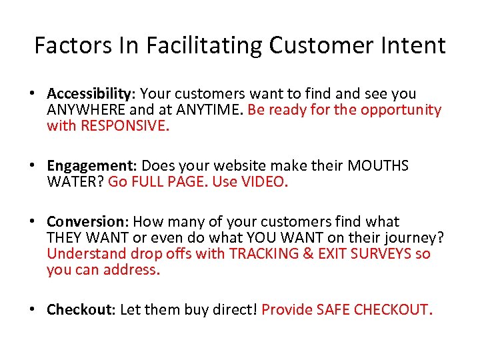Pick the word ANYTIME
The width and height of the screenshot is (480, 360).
coord(211,110)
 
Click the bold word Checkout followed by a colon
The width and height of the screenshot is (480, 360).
coord(81,310)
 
